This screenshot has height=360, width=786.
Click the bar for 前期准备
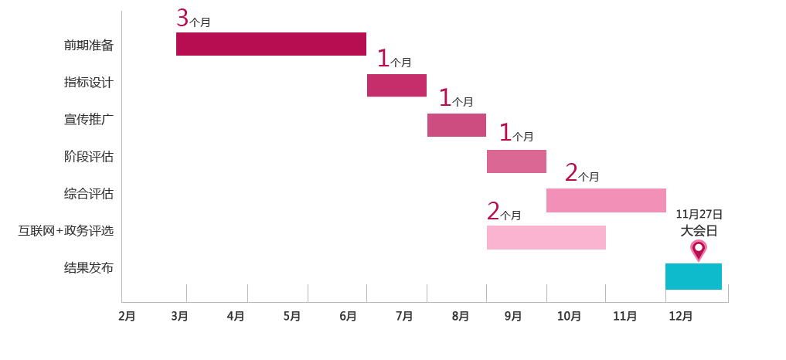[x=271, y=44]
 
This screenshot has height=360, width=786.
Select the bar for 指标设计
[x=396, y=85]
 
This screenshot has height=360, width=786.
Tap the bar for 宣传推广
[x=457, y=125]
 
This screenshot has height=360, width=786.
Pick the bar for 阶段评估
[x=516, y=161]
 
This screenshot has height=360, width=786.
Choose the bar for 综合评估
[x=606, y=200]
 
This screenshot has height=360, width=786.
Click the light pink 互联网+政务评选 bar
[x=546, y=237]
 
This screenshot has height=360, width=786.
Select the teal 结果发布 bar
[x=693, y=277]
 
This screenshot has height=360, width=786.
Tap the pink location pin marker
[x=699, y=250]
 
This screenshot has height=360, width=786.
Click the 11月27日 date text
[x=699, y=214]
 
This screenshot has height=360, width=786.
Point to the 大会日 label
[x=699, y=230]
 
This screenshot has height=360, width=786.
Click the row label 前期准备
[x=89, y=45]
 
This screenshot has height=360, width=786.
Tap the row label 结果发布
[x=89, y=268]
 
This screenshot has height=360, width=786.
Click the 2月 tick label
[x=127, y=316]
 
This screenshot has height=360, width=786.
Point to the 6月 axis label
[x=348, y=316]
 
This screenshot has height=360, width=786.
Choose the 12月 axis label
[x=680, y=316]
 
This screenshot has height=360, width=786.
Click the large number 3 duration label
[x=182, y=18]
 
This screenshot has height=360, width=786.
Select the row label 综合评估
[x=89, y=193]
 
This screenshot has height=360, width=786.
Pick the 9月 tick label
[x=513, y=316]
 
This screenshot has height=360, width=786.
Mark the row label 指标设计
[x=89, y=82]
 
